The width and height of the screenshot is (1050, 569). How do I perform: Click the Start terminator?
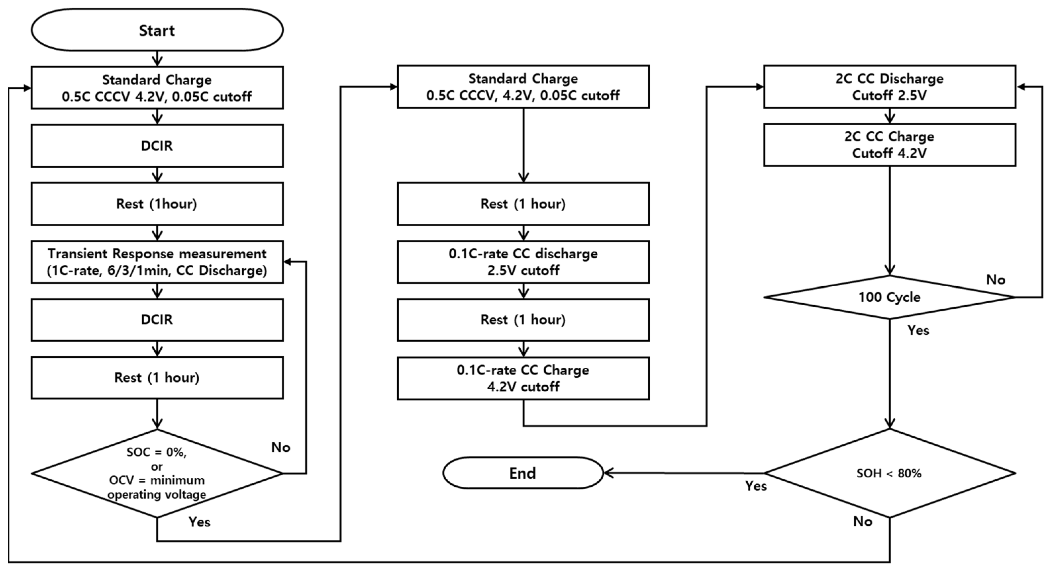(x=157, y=30)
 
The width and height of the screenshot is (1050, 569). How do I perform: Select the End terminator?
(x=522, y=473)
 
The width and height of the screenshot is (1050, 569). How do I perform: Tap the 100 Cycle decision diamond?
(x=889, y=297)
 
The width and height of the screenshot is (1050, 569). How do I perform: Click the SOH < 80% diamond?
(x=889, y=473)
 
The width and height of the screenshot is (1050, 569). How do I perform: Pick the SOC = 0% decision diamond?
(x=157, y=473)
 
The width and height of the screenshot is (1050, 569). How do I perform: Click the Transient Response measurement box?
(x=157, y=262)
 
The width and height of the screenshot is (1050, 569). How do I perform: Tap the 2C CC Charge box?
(x=889, y=145)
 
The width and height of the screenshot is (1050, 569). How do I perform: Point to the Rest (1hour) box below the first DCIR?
(x=157, y=204)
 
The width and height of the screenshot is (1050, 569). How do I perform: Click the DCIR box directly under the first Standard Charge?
(x=157, y=146)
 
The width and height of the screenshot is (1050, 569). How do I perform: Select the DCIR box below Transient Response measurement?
(x=157, y=319)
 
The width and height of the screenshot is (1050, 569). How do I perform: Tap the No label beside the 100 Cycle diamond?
(x=995, y=280)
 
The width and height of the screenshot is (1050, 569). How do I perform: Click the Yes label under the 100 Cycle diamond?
(x=918, y=330)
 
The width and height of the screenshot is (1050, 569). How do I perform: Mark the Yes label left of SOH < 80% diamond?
(x=756, y=486)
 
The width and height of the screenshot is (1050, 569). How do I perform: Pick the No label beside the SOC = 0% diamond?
(x=281, y=447)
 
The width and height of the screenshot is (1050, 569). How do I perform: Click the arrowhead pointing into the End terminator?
(x=608, y=473)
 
